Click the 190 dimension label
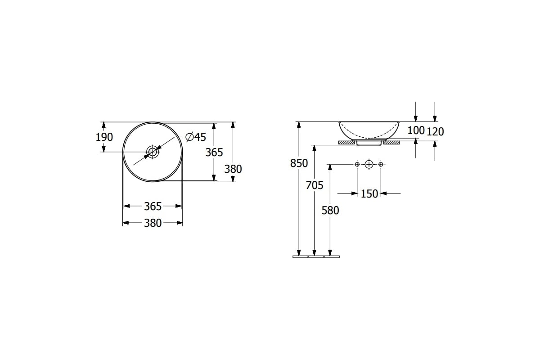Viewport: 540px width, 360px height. pyautogui.click(x=104, y=137)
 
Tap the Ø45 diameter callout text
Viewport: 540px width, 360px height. pyautogui.click(x=196, y=137)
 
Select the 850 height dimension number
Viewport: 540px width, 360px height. pyautogui.click(x=299, y=163)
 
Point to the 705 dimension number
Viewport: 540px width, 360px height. pyautogui.click(x=315, y=185)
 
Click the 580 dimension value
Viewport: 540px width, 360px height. pyautogui.click(x=330, y=211)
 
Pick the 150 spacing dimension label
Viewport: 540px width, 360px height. pyautogui.click(x=369, y=194)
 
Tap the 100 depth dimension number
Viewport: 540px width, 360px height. pyautogui.click(x=416, y=130)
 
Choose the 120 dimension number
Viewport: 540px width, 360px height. pyautogui.click(x=435, y=132)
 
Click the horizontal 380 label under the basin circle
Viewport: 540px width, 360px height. pyautogui.click(x=153, y=223)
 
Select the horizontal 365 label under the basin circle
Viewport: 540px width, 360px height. pyautogui.click(x=153, y=207)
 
